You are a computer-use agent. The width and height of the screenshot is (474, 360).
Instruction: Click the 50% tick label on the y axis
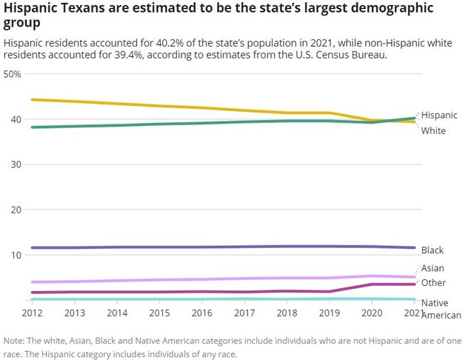(x=13, y=75)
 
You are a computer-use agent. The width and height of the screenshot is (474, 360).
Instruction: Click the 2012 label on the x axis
(x=32, y=314)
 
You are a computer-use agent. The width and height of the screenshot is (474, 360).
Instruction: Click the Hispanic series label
(x=439, y=116)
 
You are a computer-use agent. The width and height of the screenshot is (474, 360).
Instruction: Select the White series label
(x=433, y=131)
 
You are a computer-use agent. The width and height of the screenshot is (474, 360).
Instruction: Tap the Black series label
(x=433, y=250)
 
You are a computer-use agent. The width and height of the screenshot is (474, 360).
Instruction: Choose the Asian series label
(x=433, y=268)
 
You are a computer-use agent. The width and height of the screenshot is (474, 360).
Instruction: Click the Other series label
(x=433, y=283)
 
